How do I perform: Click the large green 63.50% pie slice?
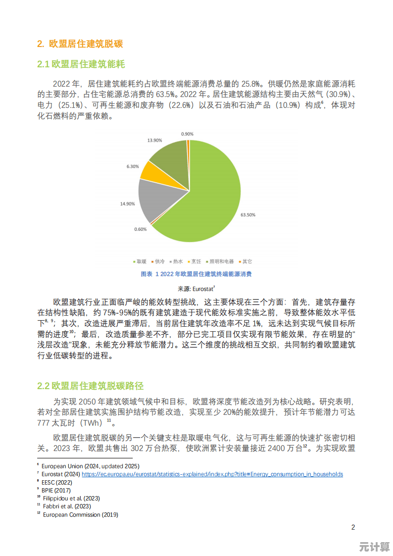(x=208, y=198)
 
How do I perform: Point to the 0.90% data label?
(x=187, y=134)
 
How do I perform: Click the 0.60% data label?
(x=141, y=229)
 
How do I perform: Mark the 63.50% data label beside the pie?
(x=248, y=215)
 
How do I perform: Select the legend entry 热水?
(x=177, y=261)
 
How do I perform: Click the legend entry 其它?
(x=246, y=261)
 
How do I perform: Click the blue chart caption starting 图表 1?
(x=196, y=274)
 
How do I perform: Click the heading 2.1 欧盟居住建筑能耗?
(x=81, y=64)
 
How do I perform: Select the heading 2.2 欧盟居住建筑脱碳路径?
(x=91, y=386)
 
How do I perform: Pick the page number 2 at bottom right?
(x=353, y=527)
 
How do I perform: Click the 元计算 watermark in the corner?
(x=374, y=547)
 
